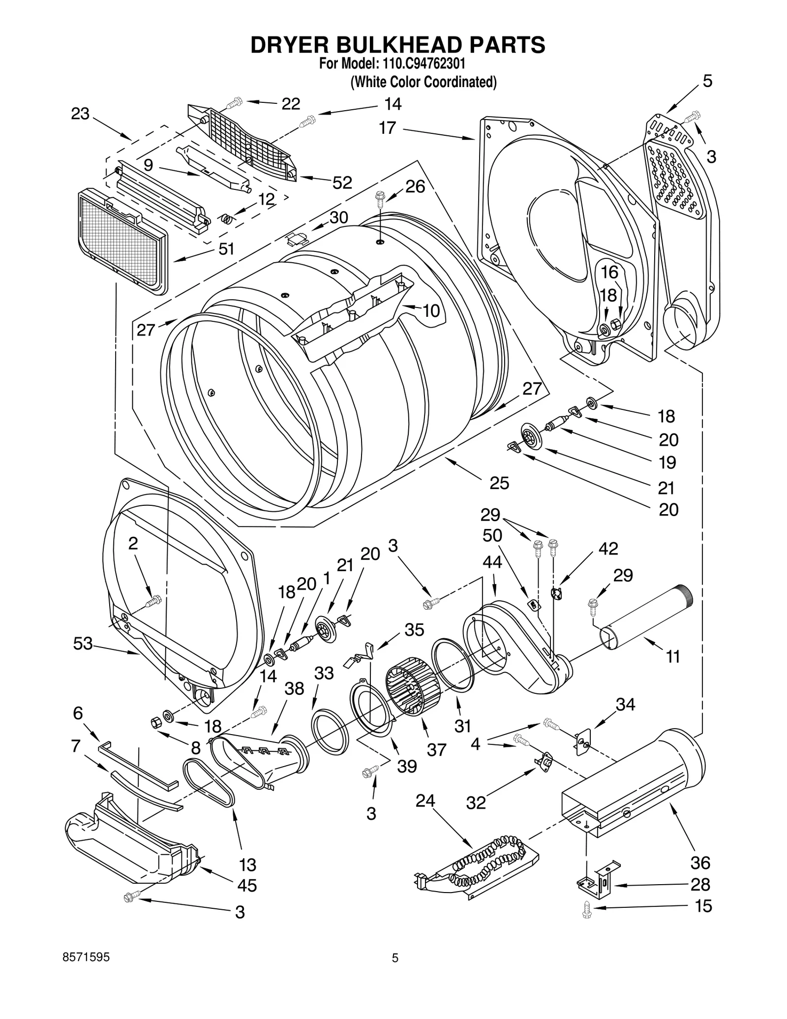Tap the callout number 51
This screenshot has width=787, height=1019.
(x=226, y=249)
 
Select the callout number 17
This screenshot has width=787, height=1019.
(x=387, y=128)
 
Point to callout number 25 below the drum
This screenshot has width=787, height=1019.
(x=499, y=483)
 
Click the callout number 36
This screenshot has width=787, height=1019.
(x=700, y=863)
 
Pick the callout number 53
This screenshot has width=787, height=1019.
(x=83, y=643)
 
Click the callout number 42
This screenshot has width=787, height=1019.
(x=608, y=549)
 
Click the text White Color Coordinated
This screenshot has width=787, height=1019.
(x=423, y=82)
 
